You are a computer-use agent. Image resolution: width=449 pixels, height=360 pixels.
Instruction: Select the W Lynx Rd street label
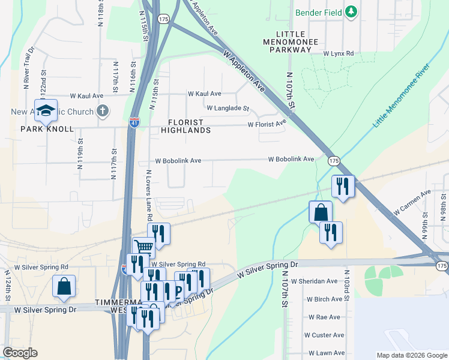pyautogui.click(x=339, y=53)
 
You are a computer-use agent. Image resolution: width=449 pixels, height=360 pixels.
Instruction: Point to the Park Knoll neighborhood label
pyautogui.click(x=47, y=129)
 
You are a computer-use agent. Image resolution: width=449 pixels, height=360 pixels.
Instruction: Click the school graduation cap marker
pyautogui.click(x=45, y=110)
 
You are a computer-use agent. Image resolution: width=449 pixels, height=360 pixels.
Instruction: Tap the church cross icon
pyautogui.click(x=103, y=111)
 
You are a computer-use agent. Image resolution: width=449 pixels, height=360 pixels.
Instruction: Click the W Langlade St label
pyautogui.click(x=228, y=109)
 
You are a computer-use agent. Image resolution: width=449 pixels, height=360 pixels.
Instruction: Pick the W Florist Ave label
pyautogui.click(x=267, y=125)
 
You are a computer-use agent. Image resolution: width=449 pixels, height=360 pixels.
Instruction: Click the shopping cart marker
pyautogui.click(x=143, y=247)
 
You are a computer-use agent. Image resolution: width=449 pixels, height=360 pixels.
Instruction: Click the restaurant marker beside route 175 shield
pyautogui.click(x=343, y=186)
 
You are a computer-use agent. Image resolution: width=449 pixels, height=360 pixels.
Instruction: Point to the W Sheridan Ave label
pyautogui.click(x=314, y=281)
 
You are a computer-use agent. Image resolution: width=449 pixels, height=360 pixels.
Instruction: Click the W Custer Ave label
pyautogui.click(x=324, y=335)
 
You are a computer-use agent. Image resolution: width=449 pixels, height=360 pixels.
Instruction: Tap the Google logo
pyautogui.click(x=20, y=353)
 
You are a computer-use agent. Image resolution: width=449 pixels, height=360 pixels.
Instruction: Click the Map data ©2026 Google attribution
pyautogui.click(x=411, y=355)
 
